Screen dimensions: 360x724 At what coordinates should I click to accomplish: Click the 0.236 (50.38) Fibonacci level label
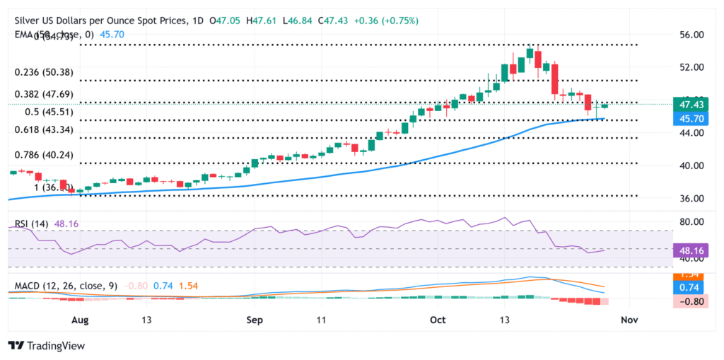[40, 72]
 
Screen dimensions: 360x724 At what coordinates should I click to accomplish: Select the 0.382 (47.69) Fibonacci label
[40, 93]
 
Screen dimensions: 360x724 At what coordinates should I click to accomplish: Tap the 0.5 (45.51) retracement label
[35, 112]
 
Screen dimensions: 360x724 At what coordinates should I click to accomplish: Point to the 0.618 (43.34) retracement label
[40, 130]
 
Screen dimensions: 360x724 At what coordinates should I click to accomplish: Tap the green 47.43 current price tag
[689, 105]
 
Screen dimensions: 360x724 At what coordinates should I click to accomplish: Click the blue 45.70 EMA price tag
[689, 119]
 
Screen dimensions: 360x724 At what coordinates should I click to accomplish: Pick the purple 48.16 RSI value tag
[689, 250]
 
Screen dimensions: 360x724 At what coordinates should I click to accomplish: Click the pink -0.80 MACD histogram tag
[689, 301]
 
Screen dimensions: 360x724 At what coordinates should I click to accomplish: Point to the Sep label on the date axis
[255, 320]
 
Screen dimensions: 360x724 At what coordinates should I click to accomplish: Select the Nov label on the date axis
[629, 320]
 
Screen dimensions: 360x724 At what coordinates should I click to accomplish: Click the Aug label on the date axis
[80, 320]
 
